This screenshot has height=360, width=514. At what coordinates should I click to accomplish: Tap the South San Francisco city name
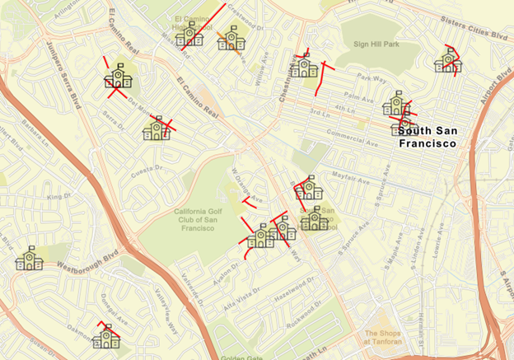(x=427, y=136)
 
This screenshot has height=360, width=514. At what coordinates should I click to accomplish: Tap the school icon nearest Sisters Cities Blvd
(x=447, y=60)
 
